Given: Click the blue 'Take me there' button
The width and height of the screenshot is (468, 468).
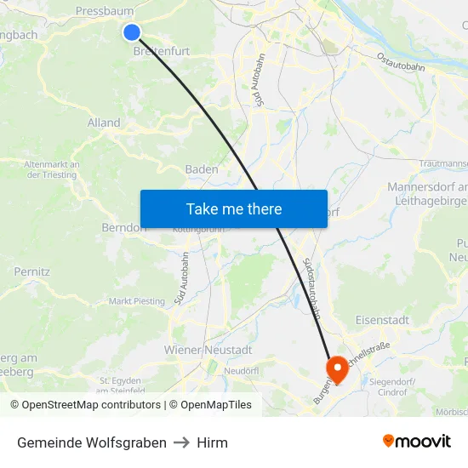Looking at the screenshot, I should (x=233, y=208).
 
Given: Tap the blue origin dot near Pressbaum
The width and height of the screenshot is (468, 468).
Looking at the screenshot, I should (x=131, y=32).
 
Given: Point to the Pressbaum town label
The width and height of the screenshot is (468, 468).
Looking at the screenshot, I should (x=105, y=11).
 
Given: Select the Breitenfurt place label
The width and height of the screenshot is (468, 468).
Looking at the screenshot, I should (x=162, y=51).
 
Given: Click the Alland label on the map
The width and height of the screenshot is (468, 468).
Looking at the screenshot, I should (x=104, y=123).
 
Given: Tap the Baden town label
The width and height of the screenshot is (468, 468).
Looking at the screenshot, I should (x=202, y=169).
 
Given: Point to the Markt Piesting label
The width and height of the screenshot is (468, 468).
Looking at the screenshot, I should (x=136, y=301).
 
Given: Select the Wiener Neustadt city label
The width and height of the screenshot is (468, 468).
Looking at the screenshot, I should (x=208, y=350).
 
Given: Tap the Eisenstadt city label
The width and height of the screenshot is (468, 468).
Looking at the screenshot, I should (x=382, y=320).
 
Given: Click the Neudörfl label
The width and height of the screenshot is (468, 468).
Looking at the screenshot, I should (x=241, y=371).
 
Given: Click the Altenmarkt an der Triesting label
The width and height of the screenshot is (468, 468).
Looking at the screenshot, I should (x=52, y=169).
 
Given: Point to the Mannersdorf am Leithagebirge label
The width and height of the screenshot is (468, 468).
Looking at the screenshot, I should (x=427, y=193).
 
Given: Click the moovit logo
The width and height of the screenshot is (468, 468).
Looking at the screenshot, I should (x=416, y=442).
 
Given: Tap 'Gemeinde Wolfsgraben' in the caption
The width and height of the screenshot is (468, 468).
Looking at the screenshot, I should (x=92, y=442).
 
